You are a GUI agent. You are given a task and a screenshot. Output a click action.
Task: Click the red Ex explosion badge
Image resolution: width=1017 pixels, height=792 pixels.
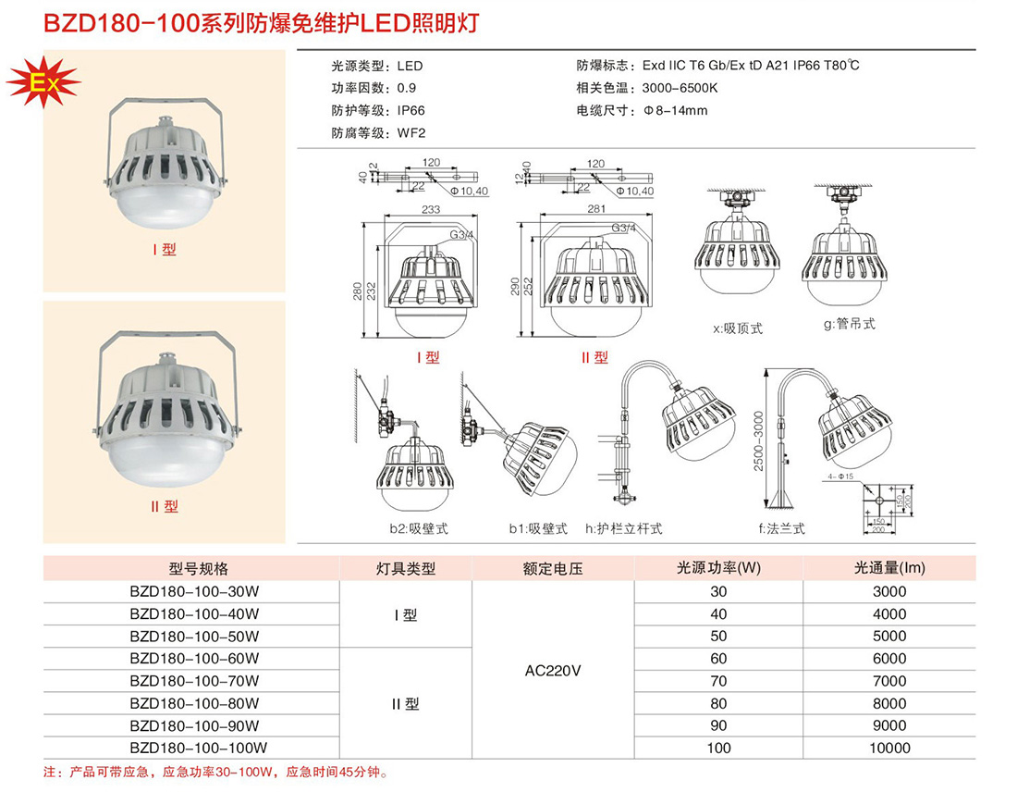point(43,82)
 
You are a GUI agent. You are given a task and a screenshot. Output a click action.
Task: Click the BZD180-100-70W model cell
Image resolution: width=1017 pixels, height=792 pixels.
point(194,681)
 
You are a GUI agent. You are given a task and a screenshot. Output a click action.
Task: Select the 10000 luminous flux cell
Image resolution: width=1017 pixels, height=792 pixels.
point(889,748)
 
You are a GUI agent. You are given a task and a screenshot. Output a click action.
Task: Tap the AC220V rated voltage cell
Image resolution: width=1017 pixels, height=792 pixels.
point(553,671)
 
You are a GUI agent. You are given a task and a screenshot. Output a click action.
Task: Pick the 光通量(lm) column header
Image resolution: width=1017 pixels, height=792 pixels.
point(889,568)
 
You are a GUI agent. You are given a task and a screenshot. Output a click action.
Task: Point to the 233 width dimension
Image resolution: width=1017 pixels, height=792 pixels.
point(431,209)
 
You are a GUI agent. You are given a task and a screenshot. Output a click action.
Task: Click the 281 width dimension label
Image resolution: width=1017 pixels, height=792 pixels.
point(596,208)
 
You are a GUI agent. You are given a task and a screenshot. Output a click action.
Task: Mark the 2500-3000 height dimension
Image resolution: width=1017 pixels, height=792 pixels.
point(758,440)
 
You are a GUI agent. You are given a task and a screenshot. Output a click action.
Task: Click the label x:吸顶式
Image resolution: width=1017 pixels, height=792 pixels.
point(738,328)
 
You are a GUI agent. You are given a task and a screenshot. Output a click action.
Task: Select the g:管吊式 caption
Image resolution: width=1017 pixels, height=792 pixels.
point(850,323)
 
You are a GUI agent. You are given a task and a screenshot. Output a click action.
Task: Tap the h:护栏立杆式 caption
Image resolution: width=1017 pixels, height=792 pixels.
point(624,529)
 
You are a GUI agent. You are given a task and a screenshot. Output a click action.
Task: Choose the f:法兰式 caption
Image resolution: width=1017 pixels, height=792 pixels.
point(781,529)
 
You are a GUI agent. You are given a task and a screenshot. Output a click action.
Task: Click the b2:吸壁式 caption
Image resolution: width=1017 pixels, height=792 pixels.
point(419,529)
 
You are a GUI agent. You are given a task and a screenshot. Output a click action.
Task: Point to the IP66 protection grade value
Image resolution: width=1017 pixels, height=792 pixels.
point(411,111)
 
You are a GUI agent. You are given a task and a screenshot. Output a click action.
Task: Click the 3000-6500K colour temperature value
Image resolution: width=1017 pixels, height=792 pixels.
point(680,88)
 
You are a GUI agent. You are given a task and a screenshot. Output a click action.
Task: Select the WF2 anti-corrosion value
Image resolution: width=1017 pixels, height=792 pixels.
point(411,133)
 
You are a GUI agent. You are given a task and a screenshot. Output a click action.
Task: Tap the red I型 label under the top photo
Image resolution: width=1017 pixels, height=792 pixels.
point(164,250)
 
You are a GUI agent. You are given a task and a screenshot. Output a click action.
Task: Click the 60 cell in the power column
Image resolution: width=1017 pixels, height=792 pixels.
point(718,658)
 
